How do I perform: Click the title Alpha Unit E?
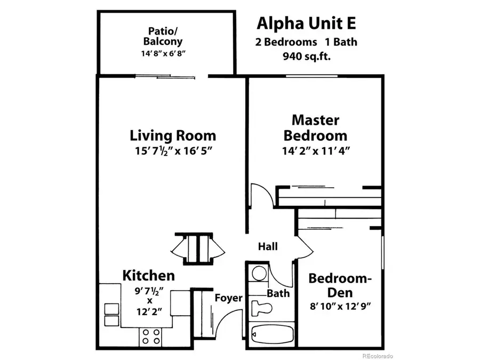click(306, 23)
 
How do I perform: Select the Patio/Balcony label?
click(166, 36)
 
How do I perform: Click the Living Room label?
click(173, 135)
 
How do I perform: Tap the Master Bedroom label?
click(315, 127)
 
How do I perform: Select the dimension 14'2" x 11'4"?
click(315, 151)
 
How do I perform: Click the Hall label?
click(268, 246)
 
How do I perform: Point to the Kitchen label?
click(149, 275)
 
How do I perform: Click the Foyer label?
click(228, 298)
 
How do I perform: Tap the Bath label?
click(278, 293)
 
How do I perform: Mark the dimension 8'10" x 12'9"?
click(340, 306)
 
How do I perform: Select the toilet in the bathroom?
click(263, 308)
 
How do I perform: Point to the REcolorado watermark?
click(377, 355)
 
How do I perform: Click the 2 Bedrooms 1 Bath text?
click(306, 41)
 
